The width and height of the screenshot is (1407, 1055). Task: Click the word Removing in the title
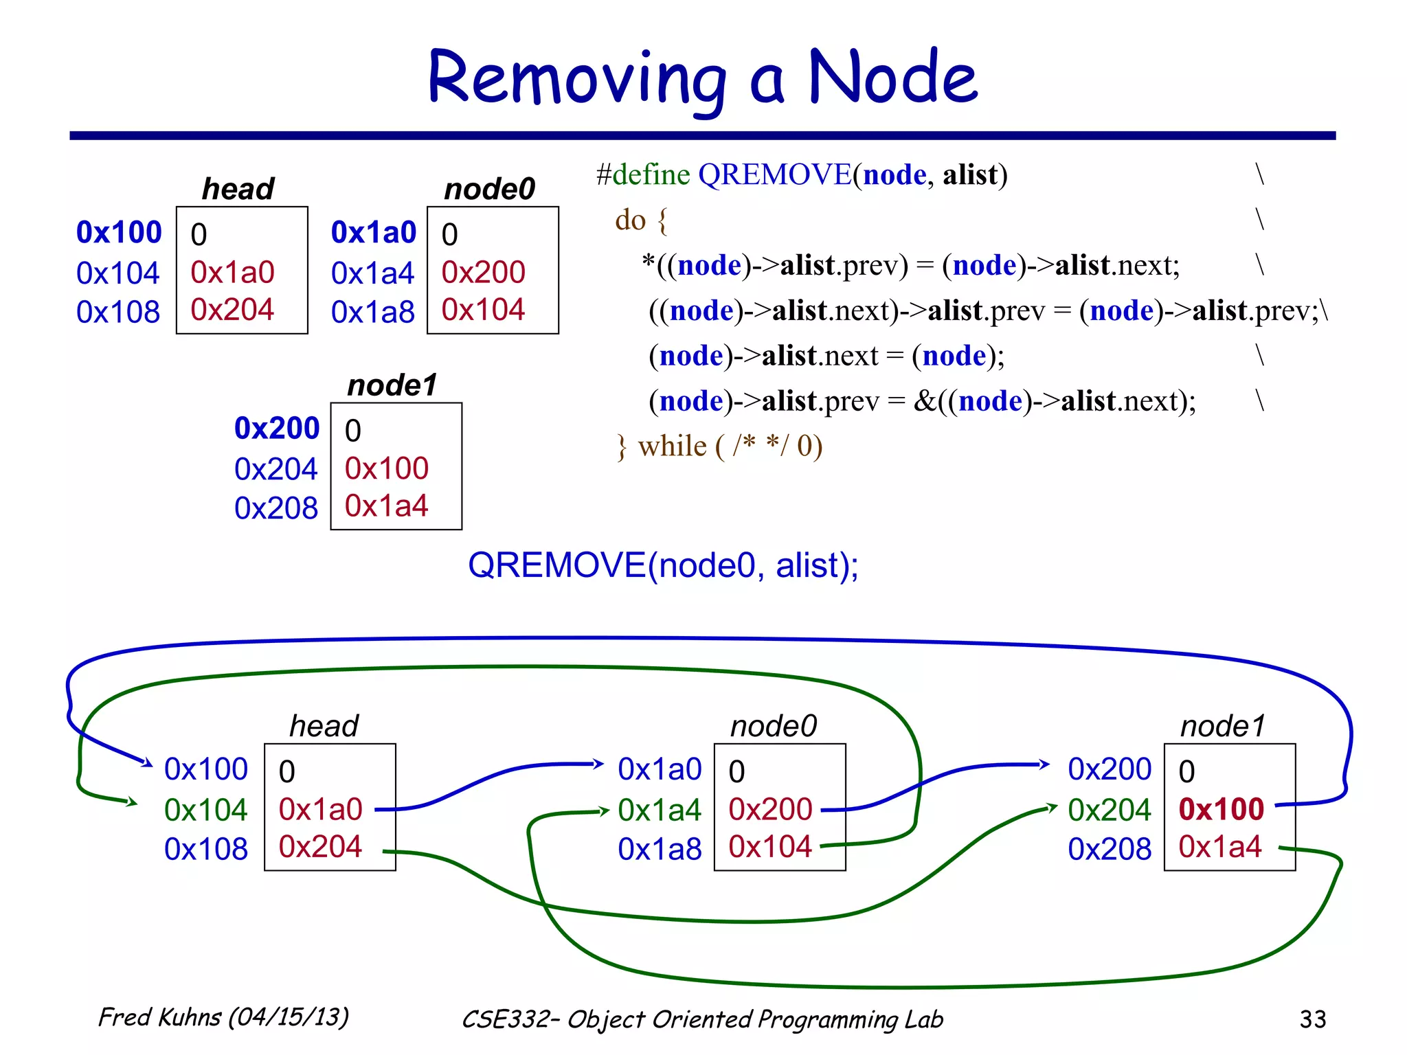576,79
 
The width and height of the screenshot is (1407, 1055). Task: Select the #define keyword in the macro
643,175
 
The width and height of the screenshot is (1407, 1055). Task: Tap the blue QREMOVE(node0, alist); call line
663,565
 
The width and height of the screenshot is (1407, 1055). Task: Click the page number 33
1312,1019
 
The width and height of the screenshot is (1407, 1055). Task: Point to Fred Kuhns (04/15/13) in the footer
224,1017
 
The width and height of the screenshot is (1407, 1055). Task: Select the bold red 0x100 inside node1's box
1222,809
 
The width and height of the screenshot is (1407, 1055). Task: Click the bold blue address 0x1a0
374,233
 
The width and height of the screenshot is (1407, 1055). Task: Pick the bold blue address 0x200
277,429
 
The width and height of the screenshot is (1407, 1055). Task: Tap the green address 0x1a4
659,810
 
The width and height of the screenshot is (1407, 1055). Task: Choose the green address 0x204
1109,810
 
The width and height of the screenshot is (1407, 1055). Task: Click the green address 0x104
205,810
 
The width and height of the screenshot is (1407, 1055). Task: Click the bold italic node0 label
489,189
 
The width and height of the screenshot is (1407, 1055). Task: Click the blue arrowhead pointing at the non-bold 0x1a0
598,764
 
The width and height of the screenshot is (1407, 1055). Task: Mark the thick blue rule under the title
702,136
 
